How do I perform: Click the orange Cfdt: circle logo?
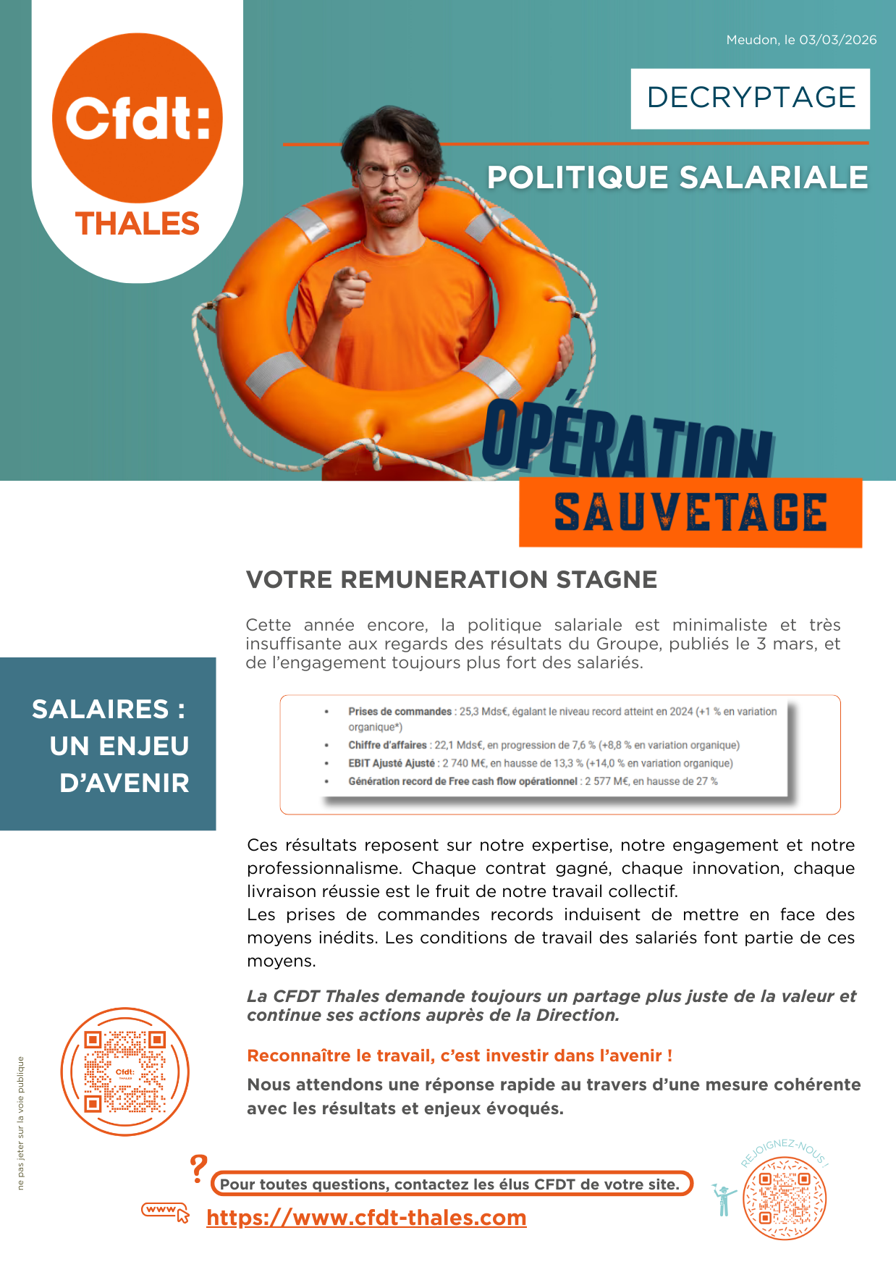pyautogui.click(x=137, y=117)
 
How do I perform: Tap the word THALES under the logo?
pyautogui.click(x=137, y=224)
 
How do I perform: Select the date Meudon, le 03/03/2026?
pyautogui.click(x=801, y=40)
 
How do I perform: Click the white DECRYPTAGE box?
pyautogui.click(x=751, y=98)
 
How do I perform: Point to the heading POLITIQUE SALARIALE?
pyautogui.click(x=677, y=178)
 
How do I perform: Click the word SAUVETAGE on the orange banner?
pyautogui.click(x=690, y=513)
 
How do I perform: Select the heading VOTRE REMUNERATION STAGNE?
pyautogui.click(x=452, y=580)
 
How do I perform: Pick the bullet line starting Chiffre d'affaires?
pyautogui.click(x=543, y=745)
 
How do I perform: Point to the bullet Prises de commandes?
pyautogui.click(x=400, y=712)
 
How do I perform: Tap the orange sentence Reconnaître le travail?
pyautogui.click(x=460, y=1056)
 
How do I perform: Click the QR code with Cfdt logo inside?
pyautogui.click(x=124, y=1072)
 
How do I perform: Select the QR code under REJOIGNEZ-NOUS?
pyautogui.click(x=785, y=1198)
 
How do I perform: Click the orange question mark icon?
pyautogui.click(x=198, y=1169)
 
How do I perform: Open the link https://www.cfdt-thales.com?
pyautogui.click(x=366, y=1218)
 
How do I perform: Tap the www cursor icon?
pyautogui.click(x=166, y=1211)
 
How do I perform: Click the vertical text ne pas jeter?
pyautogui.click(x=20, y=1123)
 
